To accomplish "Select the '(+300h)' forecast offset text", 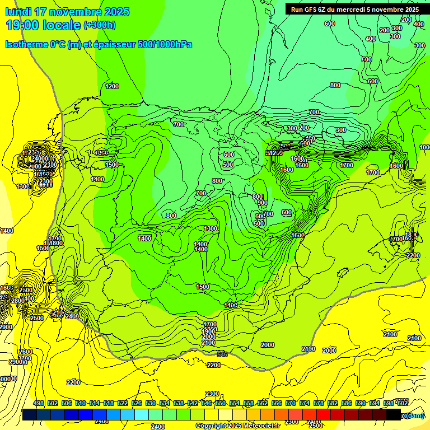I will (x=100, y=25).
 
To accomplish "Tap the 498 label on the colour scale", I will (x=39, y=404).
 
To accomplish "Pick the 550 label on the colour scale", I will (x=221, y=404).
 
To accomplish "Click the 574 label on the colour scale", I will (x=305, y=404).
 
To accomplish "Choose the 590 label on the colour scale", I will (x=361, y=404).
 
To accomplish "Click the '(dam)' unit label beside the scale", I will (x=414, y=415).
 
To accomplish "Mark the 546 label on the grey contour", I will (x=222, y=354).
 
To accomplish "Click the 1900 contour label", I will (x=208, y=331).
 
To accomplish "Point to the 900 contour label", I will (x=263, y=203).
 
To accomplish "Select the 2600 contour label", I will (x=26, y=352).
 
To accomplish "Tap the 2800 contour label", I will (x=18, y=301).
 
